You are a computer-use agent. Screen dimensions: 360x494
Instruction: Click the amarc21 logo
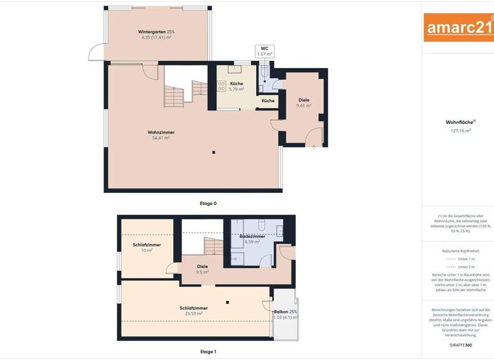[x=459, y=27]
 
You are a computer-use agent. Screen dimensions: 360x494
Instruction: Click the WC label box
[x=264, y=51]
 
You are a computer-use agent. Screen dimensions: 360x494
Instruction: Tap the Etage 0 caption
[x=208, y=203]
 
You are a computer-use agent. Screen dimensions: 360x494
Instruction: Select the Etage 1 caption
[x=208, y=352]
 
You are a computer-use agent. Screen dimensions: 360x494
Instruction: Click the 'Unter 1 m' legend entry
[x=467, y=258]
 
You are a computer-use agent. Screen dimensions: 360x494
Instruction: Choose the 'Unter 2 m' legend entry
[x=467, y=266]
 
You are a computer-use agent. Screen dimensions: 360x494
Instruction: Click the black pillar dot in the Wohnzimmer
[x=214, y=152]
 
